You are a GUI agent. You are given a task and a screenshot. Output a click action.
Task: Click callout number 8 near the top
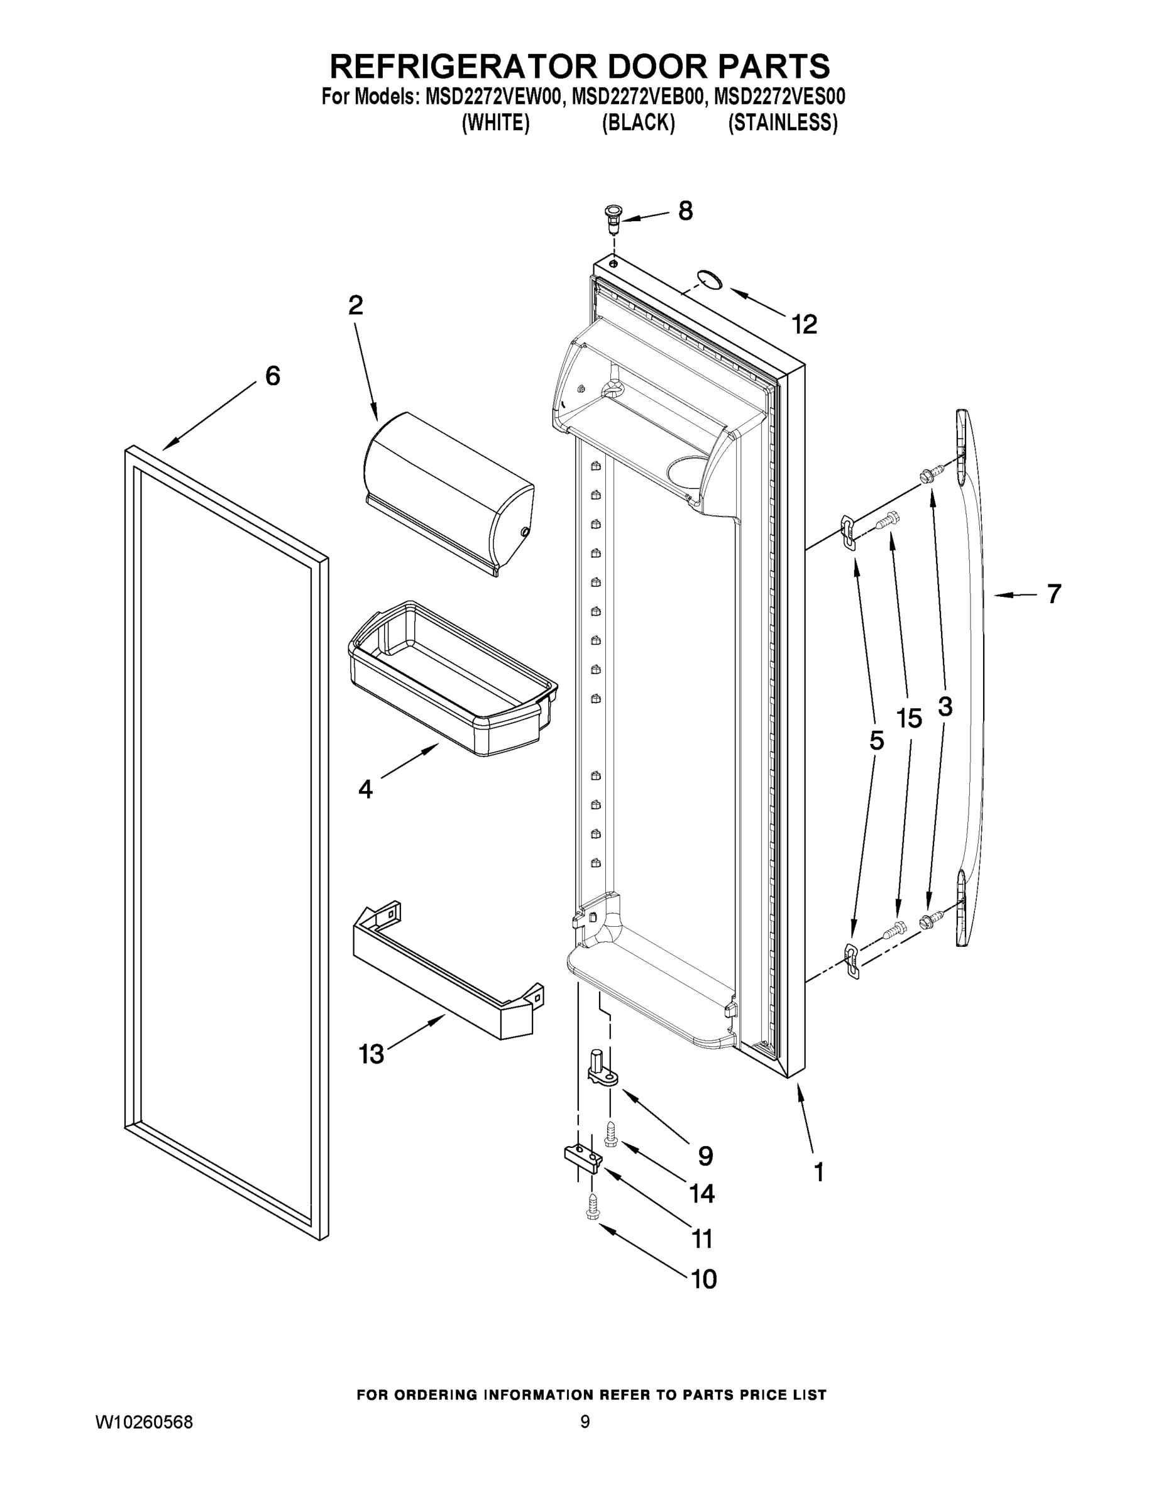point(685,211)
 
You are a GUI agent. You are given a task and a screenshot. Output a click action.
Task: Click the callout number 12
point(804,324)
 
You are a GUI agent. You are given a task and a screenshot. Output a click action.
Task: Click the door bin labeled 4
point(453,680)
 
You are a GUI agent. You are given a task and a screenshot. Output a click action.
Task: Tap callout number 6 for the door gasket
point(273,376)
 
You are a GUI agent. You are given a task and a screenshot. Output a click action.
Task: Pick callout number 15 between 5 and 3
point(909,719)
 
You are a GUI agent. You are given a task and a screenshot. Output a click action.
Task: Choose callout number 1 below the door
point(818,1172)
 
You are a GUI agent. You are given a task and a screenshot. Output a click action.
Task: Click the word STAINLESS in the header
point(783,123)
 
